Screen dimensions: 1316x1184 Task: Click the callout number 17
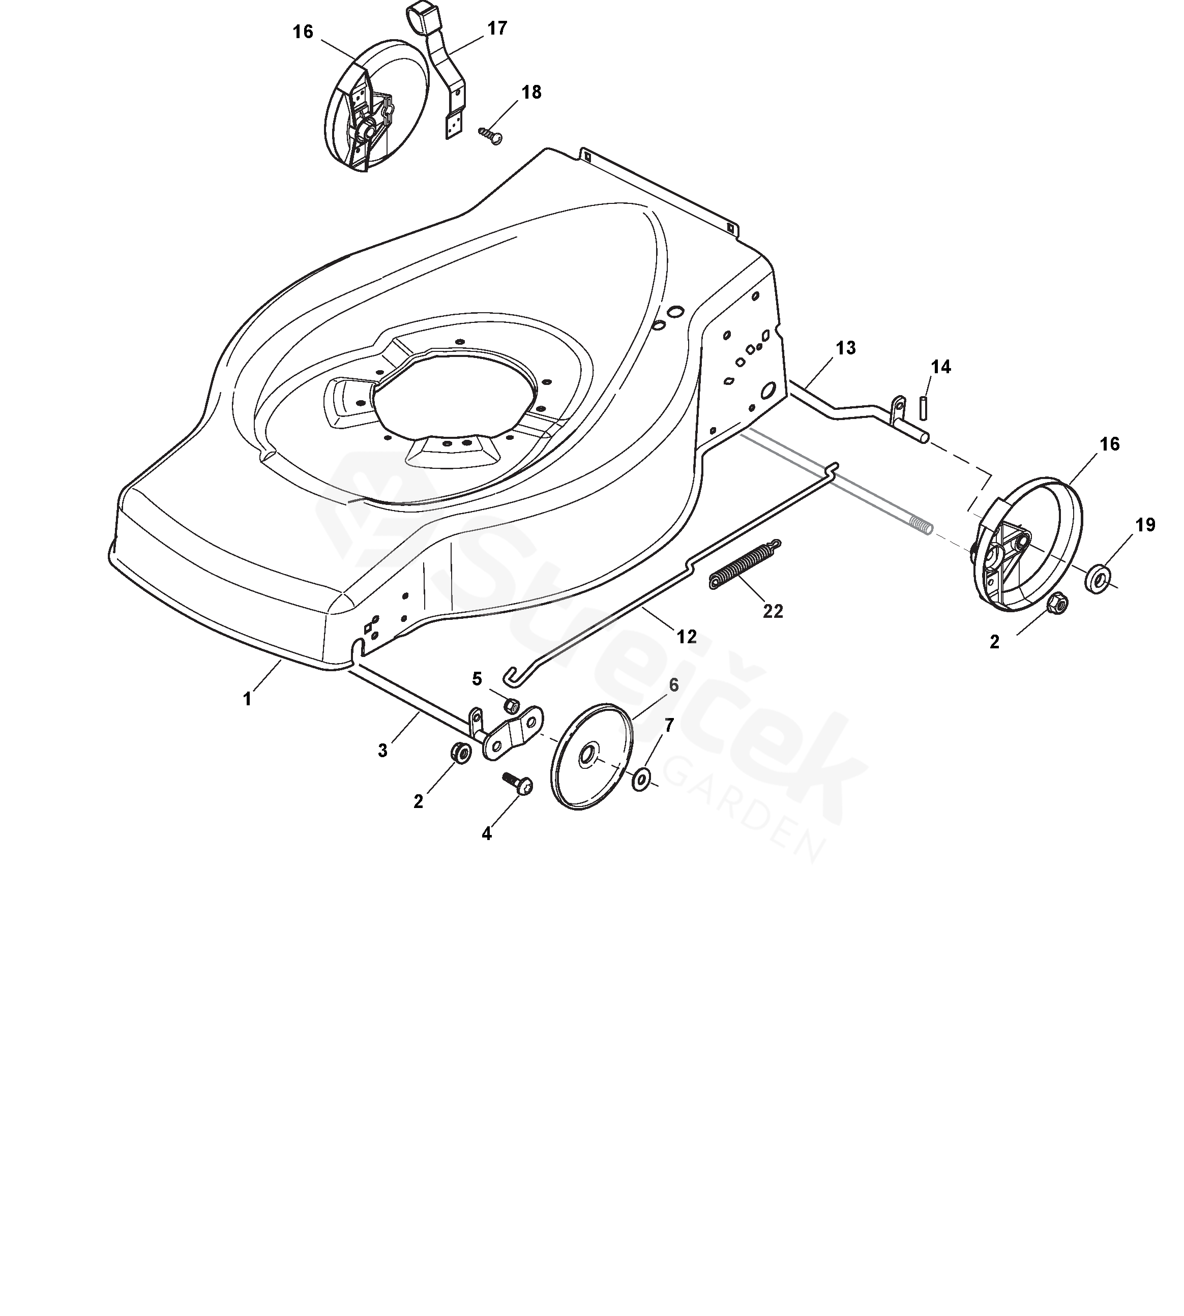click(497, 28)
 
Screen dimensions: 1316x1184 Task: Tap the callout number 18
click(531, 93)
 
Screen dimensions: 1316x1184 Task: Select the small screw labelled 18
click(491, 135)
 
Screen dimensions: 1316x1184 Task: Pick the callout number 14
click(941, 368)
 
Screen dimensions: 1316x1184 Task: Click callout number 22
click(773, 612)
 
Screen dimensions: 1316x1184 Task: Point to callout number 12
click(687, 636)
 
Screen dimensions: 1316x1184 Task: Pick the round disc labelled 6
click(590, 756)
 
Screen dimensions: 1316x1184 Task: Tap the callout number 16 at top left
click(303, 32)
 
